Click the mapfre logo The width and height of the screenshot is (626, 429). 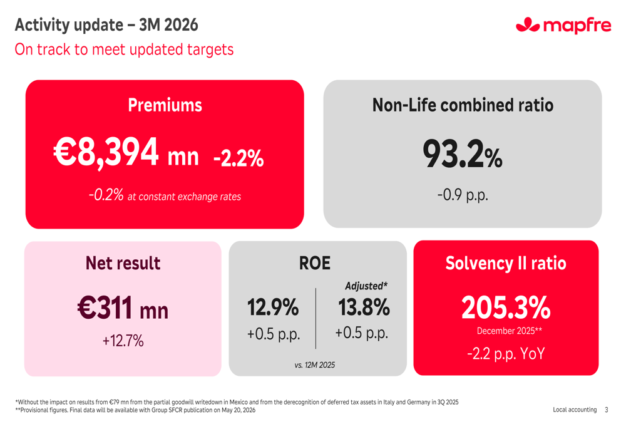tap(563, 25)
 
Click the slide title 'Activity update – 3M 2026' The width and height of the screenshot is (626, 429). tap(106, 25)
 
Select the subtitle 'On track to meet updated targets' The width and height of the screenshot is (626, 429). tap(124, 49)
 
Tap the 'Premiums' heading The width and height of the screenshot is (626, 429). tap(165, 105)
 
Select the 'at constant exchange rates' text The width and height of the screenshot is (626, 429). tap(184, 197)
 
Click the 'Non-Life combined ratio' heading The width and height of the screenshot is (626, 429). tap(463, 105)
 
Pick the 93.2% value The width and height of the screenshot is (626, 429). tap(462, 154)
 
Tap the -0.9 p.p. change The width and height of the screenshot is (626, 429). tap(462, 195)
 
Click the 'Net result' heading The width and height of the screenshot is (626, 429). tap(123, 263)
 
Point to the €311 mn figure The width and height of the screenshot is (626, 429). tap(123, 308)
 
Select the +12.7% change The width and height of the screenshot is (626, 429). tap(123, 341)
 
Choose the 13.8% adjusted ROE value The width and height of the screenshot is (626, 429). tap(364, 308)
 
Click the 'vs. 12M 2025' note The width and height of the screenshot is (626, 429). tap(314, 364)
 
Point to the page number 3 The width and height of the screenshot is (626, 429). tap(606, 410)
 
